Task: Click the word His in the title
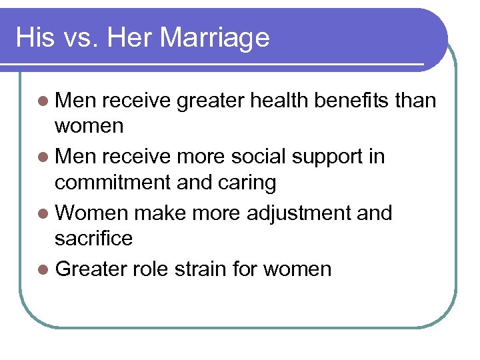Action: [34, 37]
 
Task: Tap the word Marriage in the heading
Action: [215, 38]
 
